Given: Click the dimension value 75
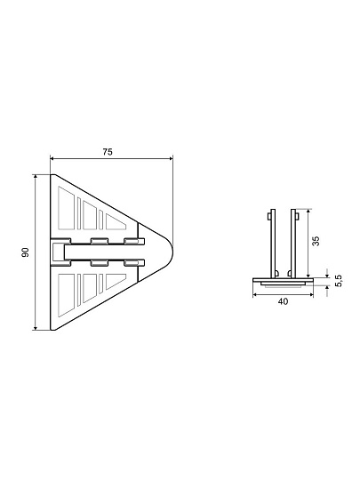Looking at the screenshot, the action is click(108, 152).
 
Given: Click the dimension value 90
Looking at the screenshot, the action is click(26, 252).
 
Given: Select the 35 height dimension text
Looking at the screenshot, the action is click(316, 241).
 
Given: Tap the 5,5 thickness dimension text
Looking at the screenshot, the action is click(339, 281).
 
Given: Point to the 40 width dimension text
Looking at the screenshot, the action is click(283, 301).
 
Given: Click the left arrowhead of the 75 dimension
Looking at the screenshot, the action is click(52, 158).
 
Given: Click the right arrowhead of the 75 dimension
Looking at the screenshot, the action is click(171, 158).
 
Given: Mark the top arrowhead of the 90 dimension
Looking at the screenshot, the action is click(36, 177).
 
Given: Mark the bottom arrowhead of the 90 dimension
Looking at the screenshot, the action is click(36, 328).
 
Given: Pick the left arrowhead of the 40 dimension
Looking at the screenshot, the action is click(255, 295).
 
